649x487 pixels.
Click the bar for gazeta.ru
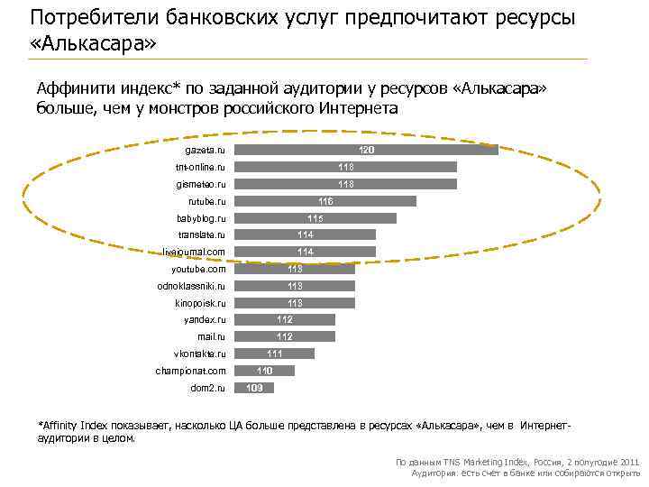click(365, 150)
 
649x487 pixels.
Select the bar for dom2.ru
click(253, 388)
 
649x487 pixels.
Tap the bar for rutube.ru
click(324, 201)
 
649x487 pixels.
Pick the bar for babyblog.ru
click(315, 218)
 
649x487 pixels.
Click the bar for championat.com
click(264, 371)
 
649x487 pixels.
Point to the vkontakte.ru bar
click(274, 354)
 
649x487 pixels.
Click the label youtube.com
click(198, 269)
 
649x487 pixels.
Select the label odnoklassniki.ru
click(191, 286)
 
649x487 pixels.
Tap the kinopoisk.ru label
click(200, 303)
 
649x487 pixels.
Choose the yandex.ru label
click(205, 320)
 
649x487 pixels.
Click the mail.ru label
click(211, 336)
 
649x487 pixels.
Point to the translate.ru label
click(202, 234)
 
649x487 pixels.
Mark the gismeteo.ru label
click(201, 184)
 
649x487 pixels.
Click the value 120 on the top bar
click(367, 150)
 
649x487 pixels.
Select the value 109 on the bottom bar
click(254, 388)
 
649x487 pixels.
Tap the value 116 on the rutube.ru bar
click(325, 201)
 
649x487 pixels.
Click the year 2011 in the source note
click(628, 462)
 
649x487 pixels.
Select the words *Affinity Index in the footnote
click(77, 425)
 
